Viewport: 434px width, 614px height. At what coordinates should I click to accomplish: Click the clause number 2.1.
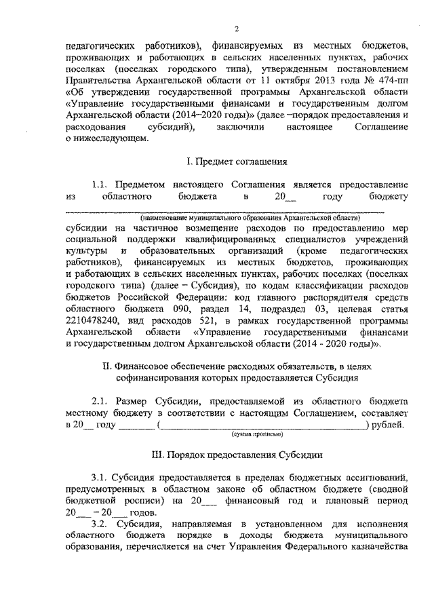click(100, 401)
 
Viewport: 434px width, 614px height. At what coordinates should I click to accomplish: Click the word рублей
click(391, 425)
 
